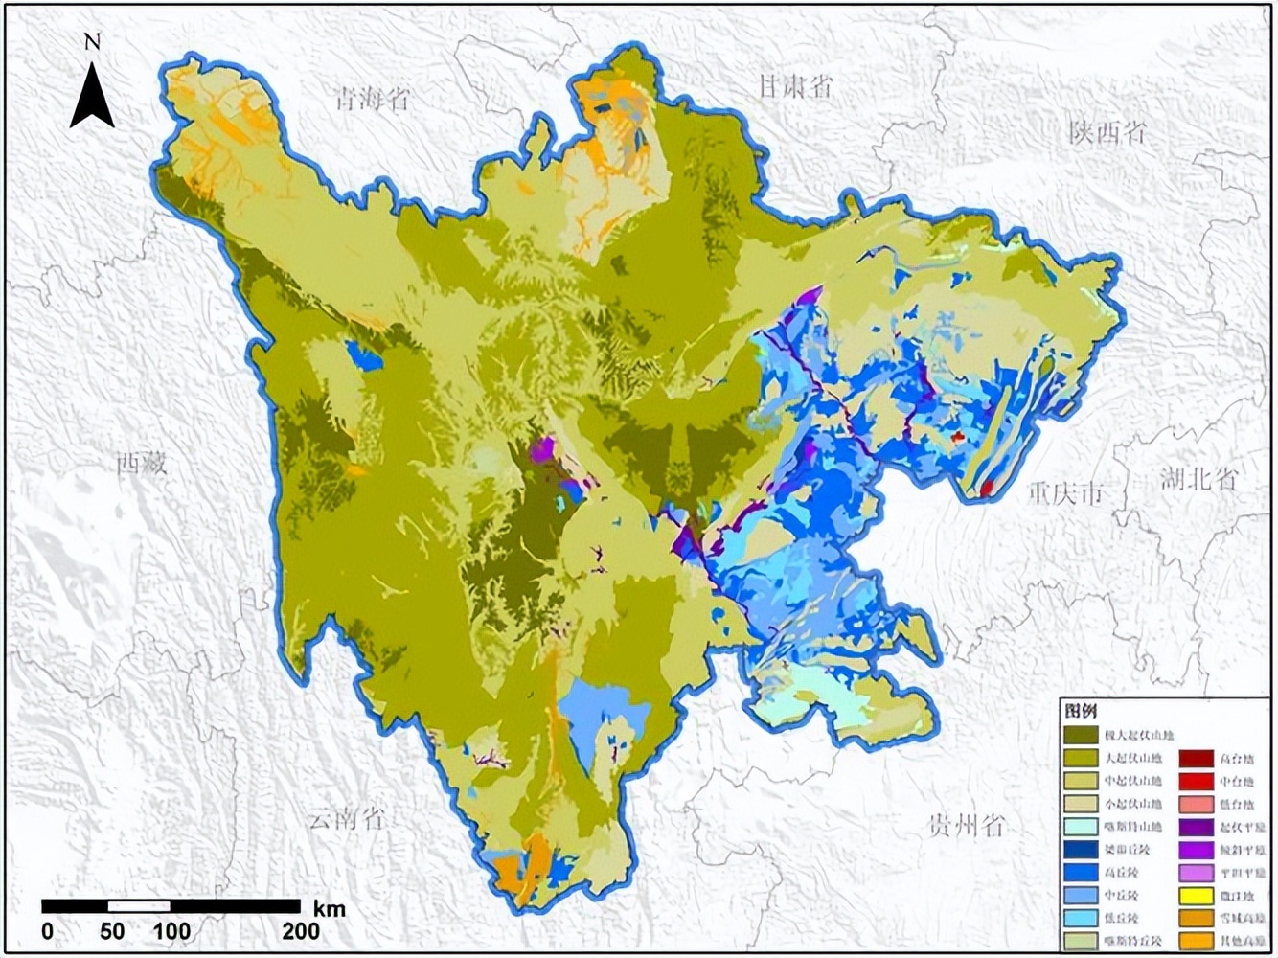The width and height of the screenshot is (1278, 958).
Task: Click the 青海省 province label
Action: [372, 99]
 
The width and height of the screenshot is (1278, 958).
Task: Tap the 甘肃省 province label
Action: [794, 86]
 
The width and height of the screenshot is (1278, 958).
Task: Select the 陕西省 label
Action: [1107, 132]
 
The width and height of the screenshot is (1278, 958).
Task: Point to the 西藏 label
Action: [142, 465]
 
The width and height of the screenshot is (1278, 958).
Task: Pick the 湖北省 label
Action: [1198, 479]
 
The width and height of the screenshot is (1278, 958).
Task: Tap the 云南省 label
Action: [346, 819]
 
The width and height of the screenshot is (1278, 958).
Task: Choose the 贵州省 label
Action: [967, 824]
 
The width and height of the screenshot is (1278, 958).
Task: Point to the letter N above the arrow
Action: [92, 41]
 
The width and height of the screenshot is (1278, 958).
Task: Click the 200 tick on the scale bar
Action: [301, 930]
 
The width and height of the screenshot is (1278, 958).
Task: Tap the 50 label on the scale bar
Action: [112, 930]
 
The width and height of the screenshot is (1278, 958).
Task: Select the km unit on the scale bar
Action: [329, 908]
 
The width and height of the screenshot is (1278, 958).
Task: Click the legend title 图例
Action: [1079, 712]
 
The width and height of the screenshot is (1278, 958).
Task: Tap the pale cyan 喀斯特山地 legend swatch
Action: [1081, 827]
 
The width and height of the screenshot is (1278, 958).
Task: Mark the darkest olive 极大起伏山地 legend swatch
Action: [1081, 735]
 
